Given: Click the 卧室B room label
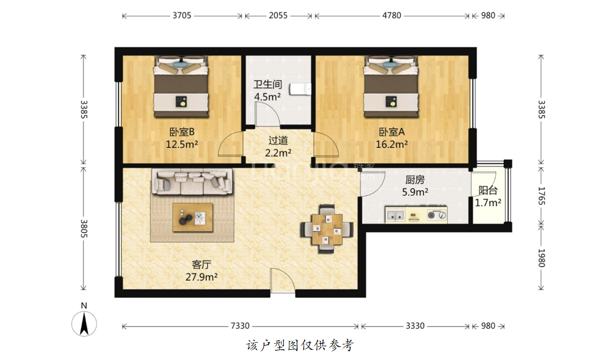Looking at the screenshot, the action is pyautogui.click(x=182, y=132).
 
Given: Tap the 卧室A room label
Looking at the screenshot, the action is pyautogui.click(x=392, y=132).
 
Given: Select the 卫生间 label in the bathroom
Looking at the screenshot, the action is pyautogui.click(x=268, y=85).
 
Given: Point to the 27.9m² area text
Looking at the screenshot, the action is pyautogui.click(x=201, y=277).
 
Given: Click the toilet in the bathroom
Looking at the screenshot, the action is pyautogui.click(x=302, y=89).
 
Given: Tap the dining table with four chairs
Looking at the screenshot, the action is pyautogui.click(x=327, y=229).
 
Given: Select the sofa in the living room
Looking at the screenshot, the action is pyautogui.click(x=192, y=182).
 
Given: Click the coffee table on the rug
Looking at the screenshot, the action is pyautogui.click(x=193, y=218).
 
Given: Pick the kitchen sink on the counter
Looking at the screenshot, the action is pyautogui.click(x=396, y=215).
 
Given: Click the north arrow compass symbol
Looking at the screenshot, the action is pyautogui.click(x=84, y=324).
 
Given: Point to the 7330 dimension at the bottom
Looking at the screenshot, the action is pyautogui.click(x=240, y=326).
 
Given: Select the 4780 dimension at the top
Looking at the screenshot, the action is pyautogui.click(x=392, y=15).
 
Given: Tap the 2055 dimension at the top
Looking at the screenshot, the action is pyautogui.click(x=278, y=15).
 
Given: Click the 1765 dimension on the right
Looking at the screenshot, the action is pyautogui.click(x=541, y=195).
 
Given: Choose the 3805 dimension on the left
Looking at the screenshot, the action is pyautogui.click(x=83, y=229).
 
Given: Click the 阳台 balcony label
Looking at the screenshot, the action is pyautogui.click(x=488, y=191).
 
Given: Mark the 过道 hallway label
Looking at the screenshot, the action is pyautogui.click(x=278, y=140).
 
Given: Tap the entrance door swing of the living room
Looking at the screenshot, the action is pyautogui.click(x=283, y=280).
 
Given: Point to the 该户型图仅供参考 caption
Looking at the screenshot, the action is pyautogui.click(x=300, y=345).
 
